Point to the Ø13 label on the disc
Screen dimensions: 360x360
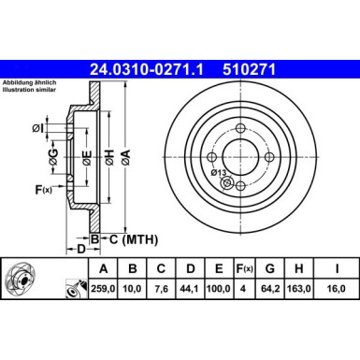click(219, 172)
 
